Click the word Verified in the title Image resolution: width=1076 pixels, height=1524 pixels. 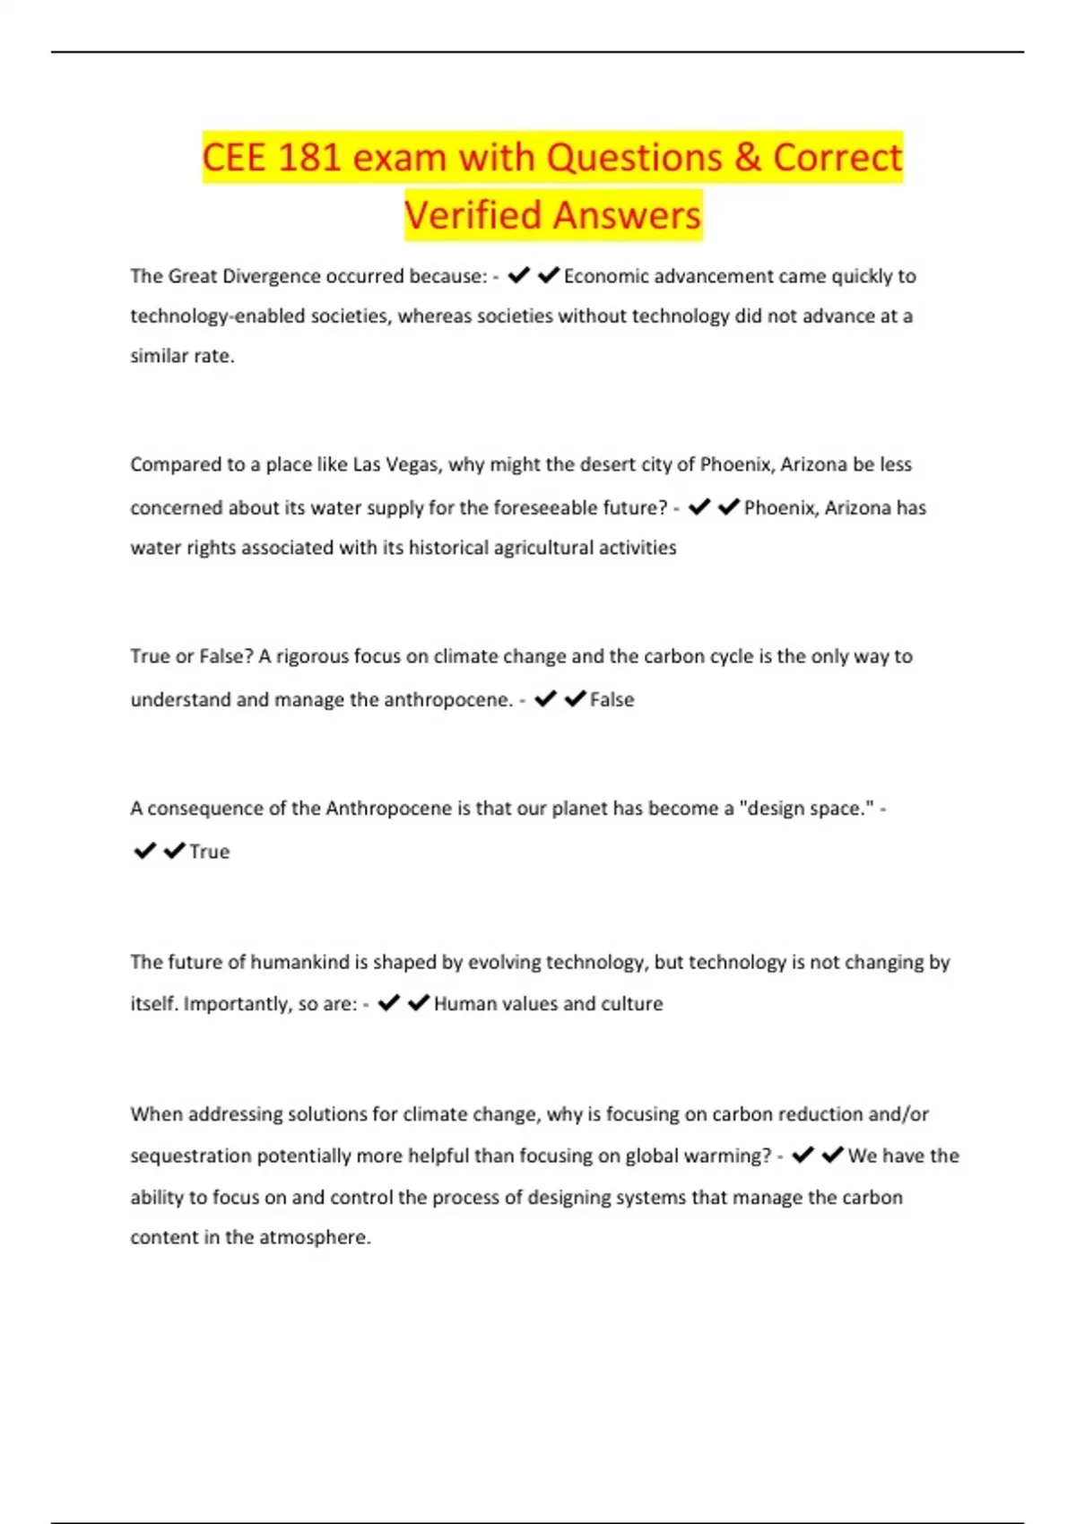[473, 216]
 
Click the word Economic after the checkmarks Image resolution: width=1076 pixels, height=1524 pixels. [606, 276]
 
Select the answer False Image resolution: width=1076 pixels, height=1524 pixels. [612, 699]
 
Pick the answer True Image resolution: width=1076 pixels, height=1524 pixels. [209, 852]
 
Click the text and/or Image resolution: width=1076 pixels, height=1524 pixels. [898, 1114]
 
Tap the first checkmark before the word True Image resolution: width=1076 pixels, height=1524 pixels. [144, 851]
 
